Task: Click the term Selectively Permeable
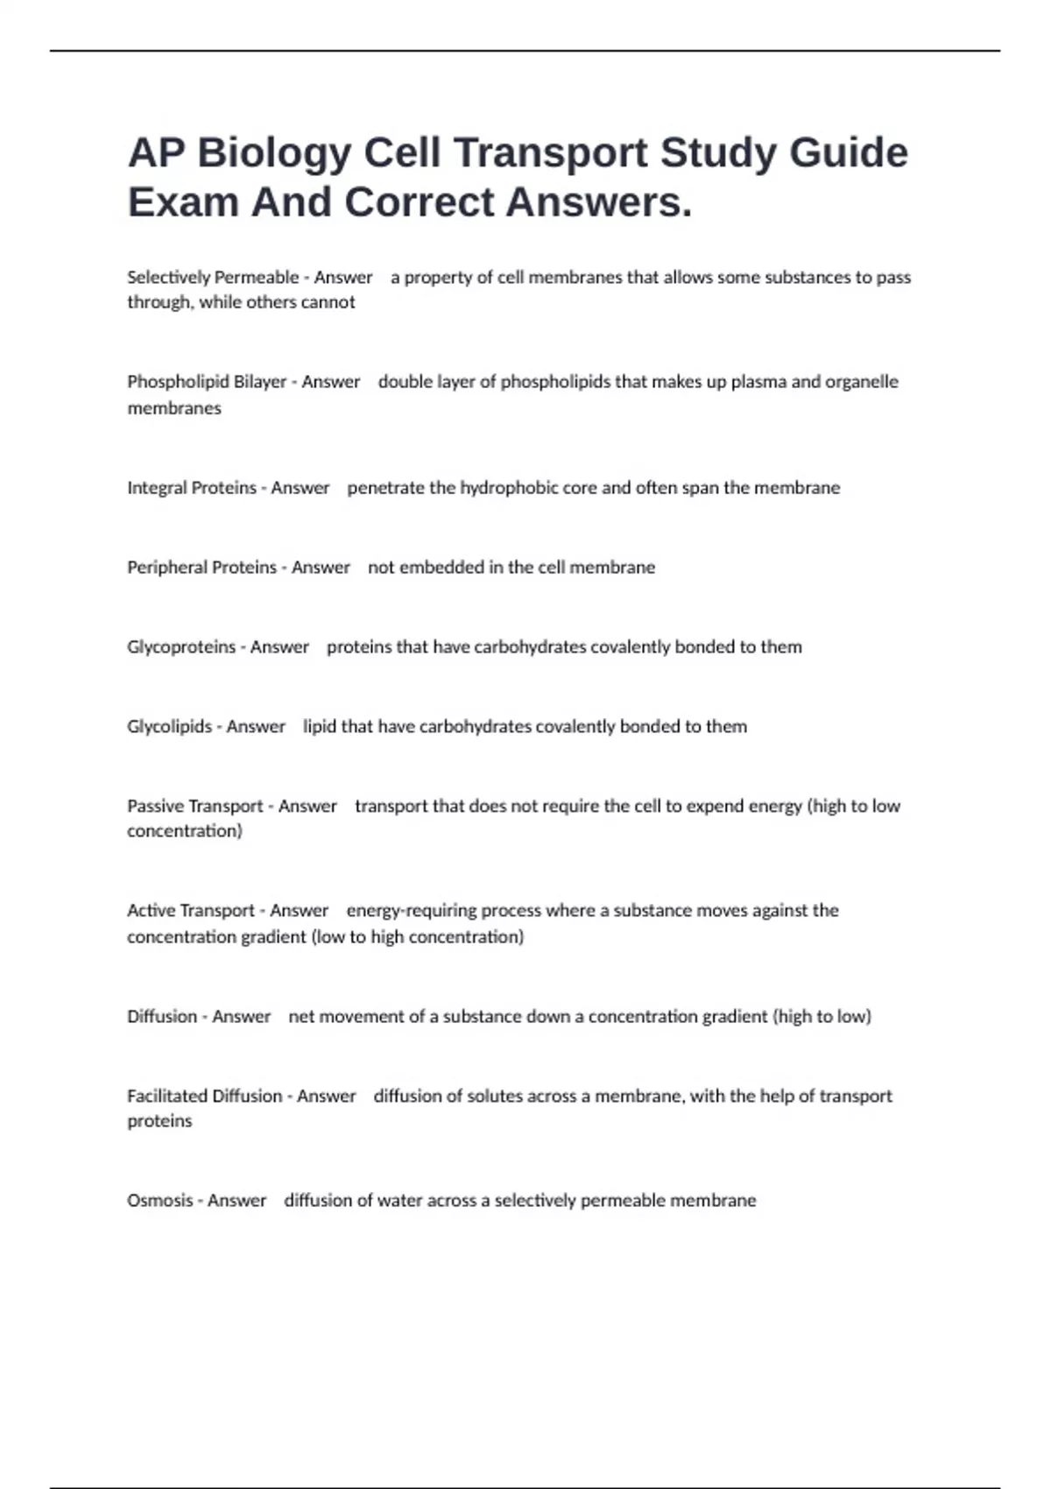[x=213, y=278]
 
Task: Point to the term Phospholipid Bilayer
[x=207, y=382]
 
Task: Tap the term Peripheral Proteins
[x=201, y=568]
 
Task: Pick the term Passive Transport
[x=195, y=807]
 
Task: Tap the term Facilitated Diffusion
[x=204, y=1097]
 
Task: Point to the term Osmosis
[x=159, y=1201]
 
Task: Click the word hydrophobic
[x=509, y=488]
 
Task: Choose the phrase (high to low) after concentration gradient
[x=823, y=1017]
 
